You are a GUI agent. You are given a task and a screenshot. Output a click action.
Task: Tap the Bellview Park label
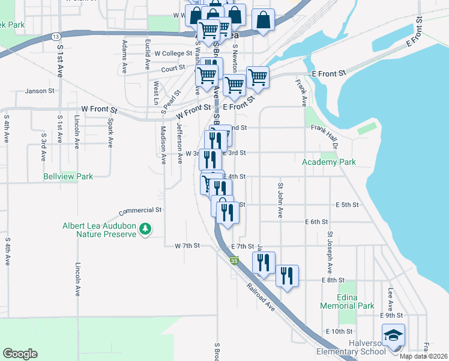pyautogui.click(x=68, y=176)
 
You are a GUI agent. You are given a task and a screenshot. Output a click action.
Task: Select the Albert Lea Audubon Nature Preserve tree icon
pyautogui.click(x=145, y=229)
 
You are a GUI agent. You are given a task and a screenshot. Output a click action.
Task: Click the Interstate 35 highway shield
pyautogui.click(x=234, y=261)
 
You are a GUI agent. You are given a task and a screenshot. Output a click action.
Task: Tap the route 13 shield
pyautogui.click(x=55, y=37)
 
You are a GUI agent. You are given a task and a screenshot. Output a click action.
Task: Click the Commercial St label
pyautogui.click(x=141, y=211)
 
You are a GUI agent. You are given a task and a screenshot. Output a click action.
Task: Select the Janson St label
pyautogui.click(x=40, y=91)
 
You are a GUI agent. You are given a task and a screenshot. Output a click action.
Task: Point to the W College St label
pyautogui.click(x=173, y=53)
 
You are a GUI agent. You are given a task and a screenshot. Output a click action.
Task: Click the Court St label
pyautogui.click(x=172, y=69)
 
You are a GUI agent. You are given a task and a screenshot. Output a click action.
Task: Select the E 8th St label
pyautogui.click(x=333, y=280)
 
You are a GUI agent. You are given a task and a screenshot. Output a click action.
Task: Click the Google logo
pyautogui.click(x=20, y=354)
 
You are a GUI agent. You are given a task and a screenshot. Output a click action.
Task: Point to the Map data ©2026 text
pyautogui.click(x=423, y=356)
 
